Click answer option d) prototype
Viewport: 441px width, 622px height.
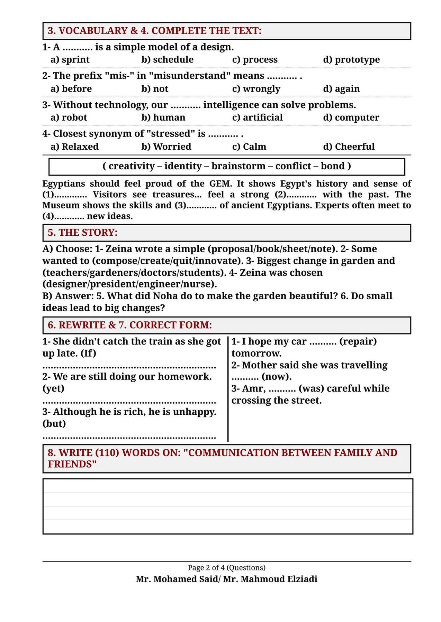[351, 60]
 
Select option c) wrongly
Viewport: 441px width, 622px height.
[256, 89]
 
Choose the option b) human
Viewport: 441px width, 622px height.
[163, 117]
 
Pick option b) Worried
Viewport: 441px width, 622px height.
[166, 147]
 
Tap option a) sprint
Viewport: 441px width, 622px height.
[70, 60]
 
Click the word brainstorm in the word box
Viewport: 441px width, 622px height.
[238, 166]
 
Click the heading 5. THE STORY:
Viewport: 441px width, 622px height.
[82, 233]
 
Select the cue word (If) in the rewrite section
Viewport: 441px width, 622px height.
[88, 353]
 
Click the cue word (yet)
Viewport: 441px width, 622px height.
[53, 388]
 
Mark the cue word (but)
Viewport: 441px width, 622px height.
[54, 424]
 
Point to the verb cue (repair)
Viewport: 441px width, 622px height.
[358, 341]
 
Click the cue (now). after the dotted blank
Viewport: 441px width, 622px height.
[277, 377]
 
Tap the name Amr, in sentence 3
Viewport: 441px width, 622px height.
[254, 388]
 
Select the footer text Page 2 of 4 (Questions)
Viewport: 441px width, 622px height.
[227, 568]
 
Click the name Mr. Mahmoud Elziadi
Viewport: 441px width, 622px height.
[270, 579]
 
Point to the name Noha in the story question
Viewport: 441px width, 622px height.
[165, 296]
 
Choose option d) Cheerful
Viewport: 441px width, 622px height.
[349, 147]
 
